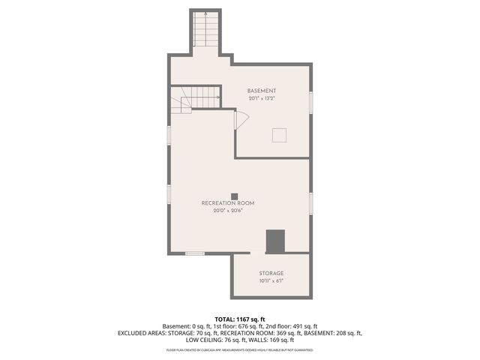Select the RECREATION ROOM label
pyautogui.click(x=228, y=203)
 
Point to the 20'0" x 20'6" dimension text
pyautogui.click(x=228, y=211)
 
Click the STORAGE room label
pyautogui.click(x=271, y=274)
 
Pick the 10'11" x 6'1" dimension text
pyautogui.click(x=271, y=281)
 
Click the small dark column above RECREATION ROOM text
pyautogui.click(x=234, y=196)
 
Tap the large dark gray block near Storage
pyautogui.click(x=276, y=241)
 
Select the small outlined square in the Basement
pyautogui.click(x=279, y=134)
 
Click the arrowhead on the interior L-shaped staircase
pyautogui.click(x=217, y=97)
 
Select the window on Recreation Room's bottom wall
pyautogui.click(x=195, y=253)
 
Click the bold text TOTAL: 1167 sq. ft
pyautogui.click(x=239, y=319)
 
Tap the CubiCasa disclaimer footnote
pyautogui.click(x=239, y=349)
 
